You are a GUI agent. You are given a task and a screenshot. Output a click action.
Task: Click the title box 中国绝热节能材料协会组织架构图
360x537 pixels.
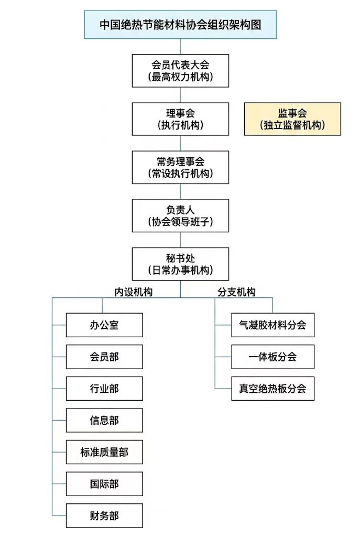pos(180,24)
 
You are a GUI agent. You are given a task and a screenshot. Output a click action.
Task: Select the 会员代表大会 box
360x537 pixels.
pos(180,71)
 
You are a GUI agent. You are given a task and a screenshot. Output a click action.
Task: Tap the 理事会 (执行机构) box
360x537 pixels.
pos(180,119)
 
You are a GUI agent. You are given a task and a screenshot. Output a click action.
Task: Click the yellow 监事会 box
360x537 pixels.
pos(292,119)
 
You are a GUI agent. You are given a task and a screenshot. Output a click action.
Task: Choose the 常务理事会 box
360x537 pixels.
pos(180,167)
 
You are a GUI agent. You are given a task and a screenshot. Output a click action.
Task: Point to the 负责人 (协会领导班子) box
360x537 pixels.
pos(180,216)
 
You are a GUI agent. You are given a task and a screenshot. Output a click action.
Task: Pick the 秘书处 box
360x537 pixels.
pos(180,264)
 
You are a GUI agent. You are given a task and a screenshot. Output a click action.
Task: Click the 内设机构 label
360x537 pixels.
pos(134,292)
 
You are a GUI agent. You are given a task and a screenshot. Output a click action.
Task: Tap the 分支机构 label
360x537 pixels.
pos(236,292)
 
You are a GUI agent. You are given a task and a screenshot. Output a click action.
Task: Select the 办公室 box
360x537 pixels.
pos(104,325)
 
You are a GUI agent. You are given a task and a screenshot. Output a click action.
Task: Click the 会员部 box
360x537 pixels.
pos(104,357)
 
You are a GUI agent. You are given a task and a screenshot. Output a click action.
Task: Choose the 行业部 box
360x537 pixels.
pos(104,389)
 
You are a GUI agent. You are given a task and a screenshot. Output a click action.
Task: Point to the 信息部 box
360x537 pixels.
pos(104,420)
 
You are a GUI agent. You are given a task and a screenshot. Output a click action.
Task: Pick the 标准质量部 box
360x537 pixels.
pos(104,452)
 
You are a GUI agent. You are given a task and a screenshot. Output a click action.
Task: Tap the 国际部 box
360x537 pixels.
pos(104,484)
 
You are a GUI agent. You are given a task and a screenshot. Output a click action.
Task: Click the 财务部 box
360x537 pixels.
pos(104,515)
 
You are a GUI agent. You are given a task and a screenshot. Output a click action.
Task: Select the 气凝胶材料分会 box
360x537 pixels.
pos(272,325)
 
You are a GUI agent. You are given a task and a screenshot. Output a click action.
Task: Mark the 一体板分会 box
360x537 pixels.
pos(272,357)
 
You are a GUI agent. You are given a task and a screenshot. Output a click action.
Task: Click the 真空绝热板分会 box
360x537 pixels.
pos(272,389)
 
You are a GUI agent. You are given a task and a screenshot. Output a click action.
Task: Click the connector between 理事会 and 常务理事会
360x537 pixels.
pos(180,143)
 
